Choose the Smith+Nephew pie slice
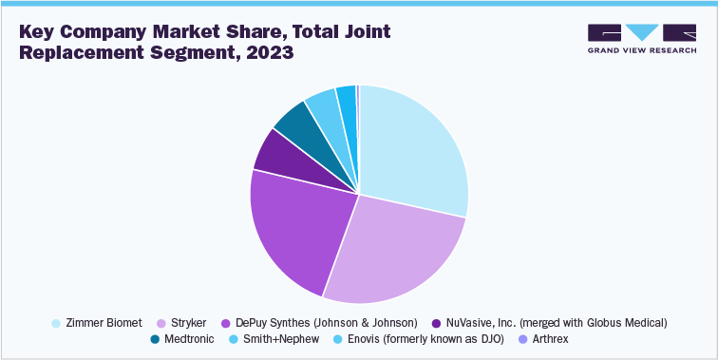pyautogui.click(x=321, y=103)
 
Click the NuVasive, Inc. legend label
pyautogui.click(x=553, y=323)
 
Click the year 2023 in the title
pyautogui.click(x=270, y=52)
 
